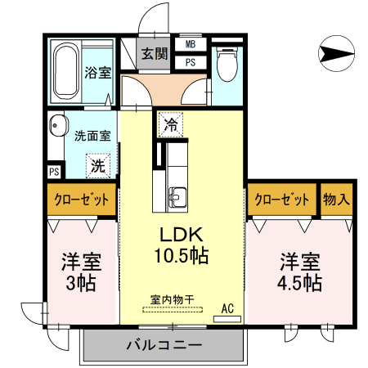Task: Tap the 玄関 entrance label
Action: tap(153, 55)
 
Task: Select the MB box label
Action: tap(190, 45)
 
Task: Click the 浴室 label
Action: tap(98, 73)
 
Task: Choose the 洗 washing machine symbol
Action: tap(98, 164)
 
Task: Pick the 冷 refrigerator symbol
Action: tap(170, 125)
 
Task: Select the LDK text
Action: tap(182, 232)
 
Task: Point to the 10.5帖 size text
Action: tap(181, 255)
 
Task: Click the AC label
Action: tap(228, 309)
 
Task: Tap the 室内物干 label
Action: tap(172, 299)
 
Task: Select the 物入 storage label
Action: tap(337, 200)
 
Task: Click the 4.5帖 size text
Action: tap(300, 284)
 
